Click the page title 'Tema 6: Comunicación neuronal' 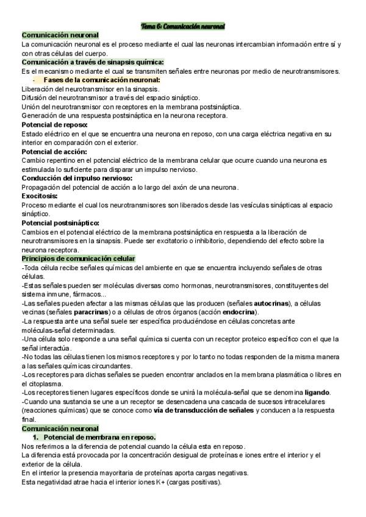183,27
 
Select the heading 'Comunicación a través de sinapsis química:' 92,62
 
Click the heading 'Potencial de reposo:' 54,124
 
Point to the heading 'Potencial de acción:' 54,151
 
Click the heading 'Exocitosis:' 40,196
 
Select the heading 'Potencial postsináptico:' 60,223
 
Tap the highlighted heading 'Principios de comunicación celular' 78,258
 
